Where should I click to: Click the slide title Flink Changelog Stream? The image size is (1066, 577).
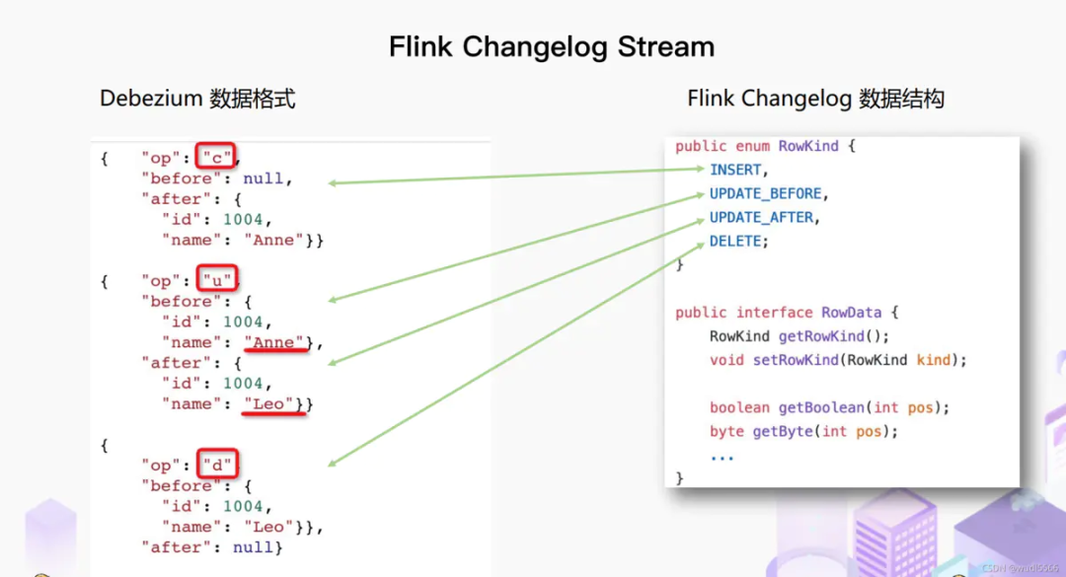(552, 46)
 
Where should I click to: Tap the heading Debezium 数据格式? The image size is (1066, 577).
(197, 99)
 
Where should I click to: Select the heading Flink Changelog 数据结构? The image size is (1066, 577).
(815, 99)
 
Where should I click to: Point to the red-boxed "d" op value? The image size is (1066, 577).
(217, 465)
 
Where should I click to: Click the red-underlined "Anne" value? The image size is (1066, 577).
(275, 342)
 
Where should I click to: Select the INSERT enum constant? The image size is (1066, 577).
(735, 170)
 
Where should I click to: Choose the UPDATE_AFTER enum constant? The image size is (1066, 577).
(763, 217)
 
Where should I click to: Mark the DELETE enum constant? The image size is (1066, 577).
(736, 241)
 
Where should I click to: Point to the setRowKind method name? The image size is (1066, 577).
(796, 360)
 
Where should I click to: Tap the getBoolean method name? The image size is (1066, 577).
(815, 407)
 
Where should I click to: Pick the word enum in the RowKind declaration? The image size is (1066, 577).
(752, 146)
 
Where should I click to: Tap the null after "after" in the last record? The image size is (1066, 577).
(255, 546)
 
